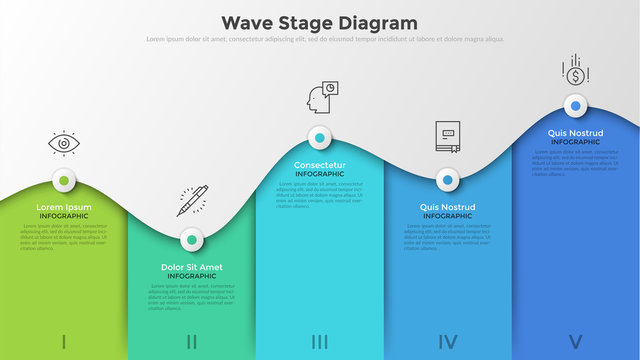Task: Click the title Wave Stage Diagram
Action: [x=319, y=22]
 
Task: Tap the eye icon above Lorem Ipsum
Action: [x=64, y=144]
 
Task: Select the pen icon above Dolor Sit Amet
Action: [x=192, y=200]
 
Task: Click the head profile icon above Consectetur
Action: [x=320, y=98]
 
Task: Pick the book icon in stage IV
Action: [x=446, y=137]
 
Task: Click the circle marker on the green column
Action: [x=64, y=182]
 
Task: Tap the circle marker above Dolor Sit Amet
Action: [x=191, y=239]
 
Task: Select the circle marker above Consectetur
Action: [x=320, y=137]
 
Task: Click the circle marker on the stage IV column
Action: [x=447, y=181]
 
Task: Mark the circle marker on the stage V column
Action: [x=575, y=105]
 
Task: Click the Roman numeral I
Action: [x=64, y=342]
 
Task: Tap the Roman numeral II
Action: [x=191, y=342]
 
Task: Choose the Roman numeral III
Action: [x=319, y=342]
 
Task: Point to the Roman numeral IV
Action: [x=447, y=342]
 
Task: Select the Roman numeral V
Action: [x=575, y=342]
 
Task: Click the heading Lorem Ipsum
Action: [x=64, y=207]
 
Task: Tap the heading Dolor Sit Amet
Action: [x=191, y=267]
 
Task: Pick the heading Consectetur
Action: [x=320, y=165]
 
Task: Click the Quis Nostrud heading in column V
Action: [x=575, y=133]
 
